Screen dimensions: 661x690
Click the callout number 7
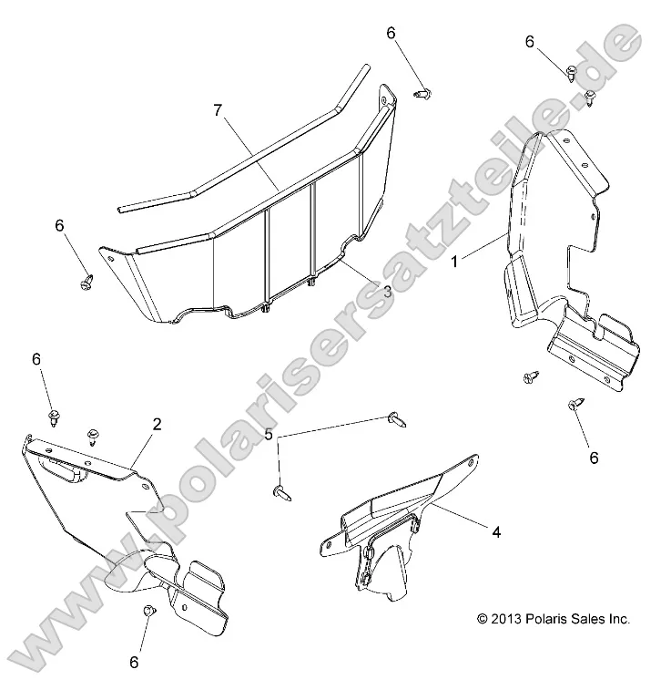coord(218,110)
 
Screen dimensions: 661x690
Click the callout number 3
coord(387,292)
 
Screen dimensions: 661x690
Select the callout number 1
coord(454,262)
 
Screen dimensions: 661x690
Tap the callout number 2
coord(157,424)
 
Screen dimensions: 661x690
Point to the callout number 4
coord(496,532)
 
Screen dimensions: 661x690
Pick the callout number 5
coord(268,435)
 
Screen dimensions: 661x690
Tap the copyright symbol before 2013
coord(483,619)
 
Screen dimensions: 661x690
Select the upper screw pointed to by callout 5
coord(397,419)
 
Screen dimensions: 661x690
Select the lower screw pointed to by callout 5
coord(281,493)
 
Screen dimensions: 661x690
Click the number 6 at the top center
coord(391,33)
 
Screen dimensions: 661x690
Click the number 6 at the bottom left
coord(134,663)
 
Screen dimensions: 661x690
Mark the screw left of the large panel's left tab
coord(87,282)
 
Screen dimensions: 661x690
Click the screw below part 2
coord(148,611)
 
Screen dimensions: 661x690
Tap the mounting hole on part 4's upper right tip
coord(471,463)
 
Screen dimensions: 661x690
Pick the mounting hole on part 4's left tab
coord(328,545)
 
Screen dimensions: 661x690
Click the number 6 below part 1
coord(594,458)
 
